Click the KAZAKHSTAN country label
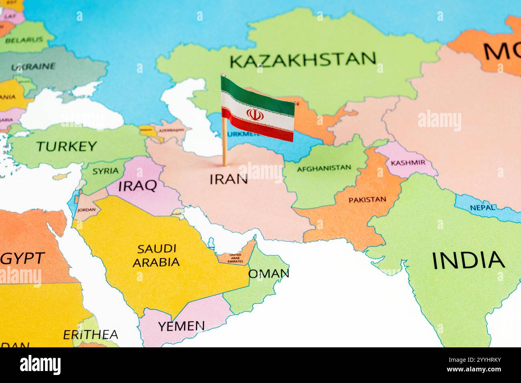click(x=303, y=60)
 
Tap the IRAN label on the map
click(x=229, y=179)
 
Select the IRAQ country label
click(x=137, y=185)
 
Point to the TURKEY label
click(x=67, y=146)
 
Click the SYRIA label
click(x=105, y=171)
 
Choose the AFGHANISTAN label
click(x=324, y=168)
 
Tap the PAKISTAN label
click(x=367, y=200)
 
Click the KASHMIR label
click(x=408, y=163)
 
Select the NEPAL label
click(x=482, y=208)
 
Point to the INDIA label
click(x=468, y=260)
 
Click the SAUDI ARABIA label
click(x=156, y=255)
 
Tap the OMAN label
click(x=269, y=274)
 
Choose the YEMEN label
click(x=181, y=326)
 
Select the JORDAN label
click(x=87, y=210)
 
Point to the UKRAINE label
click(x=33, y=67)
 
